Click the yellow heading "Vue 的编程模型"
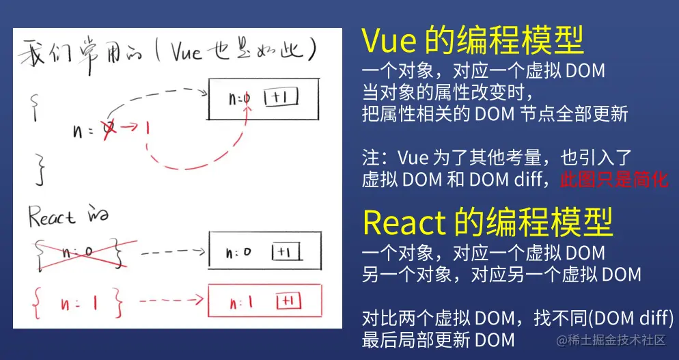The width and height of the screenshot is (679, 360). point(473,42)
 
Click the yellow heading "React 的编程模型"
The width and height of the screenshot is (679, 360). point(487,222)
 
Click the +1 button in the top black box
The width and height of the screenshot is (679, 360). point(282,98)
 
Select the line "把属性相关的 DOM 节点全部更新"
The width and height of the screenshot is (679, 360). point(495,113)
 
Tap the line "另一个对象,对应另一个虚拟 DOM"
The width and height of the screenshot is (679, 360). point(501,274)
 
